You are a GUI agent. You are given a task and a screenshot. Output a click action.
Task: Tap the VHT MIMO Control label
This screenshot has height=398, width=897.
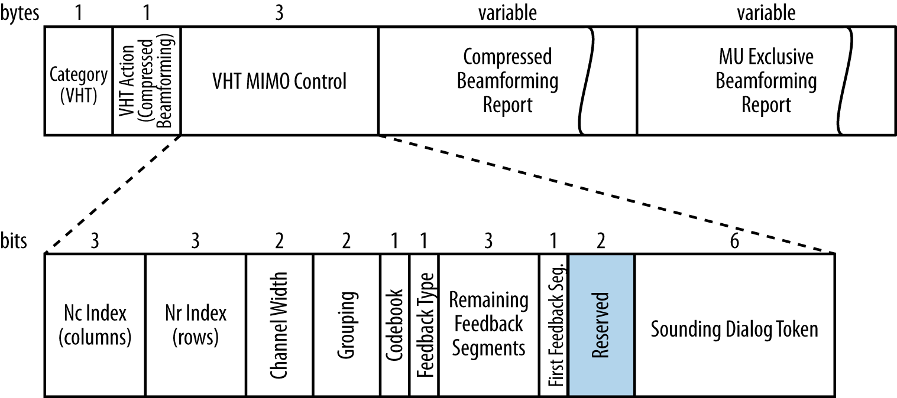[x=279, y=81]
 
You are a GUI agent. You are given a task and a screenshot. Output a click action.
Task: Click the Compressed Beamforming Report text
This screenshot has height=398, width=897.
[x=507, y=81]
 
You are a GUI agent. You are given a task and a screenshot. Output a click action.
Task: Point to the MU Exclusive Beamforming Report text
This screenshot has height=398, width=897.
[x=766, y=81]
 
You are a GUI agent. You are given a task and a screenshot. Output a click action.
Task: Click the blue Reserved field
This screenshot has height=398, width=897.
[x=601, y=325]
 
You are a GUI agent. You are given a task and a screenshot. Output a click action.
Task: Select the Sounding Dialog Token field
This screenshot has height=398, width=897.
[x=734, y=329]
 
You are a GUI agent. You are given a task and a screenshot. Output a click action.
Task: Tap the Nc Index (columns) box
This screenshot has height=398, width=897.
[x=95, y=325]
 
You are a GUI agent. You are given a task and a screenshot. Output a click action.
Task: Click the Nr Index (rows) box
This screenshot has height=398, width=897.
[x=196, y=325]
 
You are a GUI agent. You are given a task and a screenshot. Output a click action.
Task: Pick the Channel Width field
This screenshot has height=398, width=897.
[x=280, y=325]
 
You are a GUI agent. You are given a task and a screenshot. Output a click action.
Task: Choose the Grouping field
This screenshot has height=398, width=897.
[x=347, y=325]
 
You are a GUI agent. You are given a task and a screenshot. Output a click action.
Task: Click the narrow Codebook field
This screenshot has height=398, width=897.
[x=394, y=325]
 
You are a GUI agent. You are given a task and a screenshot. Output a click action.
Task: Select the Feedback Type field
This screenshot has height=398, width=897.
[x=423, y=325]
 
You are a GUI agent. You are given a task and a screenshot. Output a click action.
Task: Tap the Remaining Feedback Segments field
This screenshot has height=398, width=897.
[x=488, y=324]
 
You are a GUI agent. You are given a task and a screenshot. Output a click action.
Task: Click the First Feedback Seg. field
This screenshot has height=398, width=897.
[x=553, y=325]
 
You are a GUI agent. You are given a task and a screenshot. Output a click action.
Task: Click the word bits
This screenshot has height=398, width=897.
[x=14, y=242]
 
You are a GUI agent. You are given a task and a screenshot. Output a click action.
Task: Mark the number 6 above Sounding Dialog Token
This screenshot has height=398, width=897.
[x=734, y=242]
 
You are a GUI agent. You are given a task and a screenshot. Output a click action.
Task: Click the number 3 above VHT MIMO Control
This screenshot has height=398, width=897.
[x=279, y=13]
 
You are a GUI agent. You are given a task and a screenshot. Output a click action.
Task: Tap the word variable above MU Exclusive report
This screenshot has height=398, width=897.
[x=766, y=13]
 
